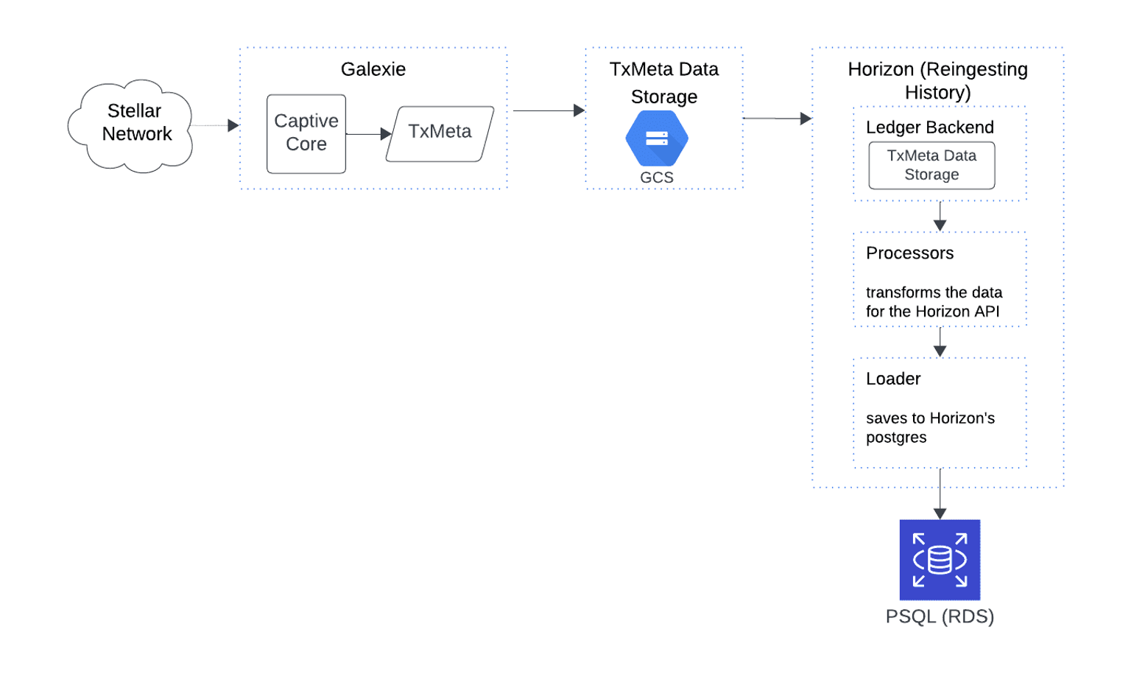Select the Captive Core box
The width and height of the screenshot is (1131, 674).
[x=306, y=133]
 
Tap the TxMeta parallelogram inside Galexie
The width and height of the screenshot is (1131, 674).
[x=440, y=133]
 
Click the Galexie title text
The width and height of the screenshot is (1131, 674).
[x=373, y=69]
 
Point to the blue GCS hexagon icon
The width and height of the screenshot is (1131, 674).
[x=656, y=138]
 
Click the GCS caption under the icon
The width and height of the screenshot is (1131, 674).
[x=656, y=178]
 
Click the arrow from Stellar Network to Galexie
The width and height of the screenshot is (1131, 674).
[x=215, y=126]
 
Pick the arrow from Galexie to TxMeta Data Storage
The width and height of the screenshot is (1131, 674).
[x=548, y=110]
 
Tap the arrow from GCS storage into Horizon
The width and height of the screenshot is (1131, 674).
[x=777, y=118]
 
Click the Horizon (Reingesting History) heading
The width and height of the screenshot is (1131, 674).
[x=937, y=80]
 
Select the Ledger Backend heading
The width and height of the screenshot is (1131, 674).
[x=929, y=127]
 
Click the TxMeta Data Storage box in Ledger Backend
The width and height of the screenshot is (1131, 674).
[x=931, y=166]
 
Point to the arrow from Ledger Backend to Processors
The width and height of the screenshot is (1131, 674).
[x=940, y=217]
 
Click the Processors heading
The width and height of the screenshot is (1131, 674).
[x=909, y=253]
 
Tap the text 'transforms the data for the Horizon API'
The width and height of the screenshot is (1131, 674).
[x=933, y=302]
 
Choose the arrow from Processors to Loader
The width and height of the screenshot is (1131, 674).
[x=940, y=343]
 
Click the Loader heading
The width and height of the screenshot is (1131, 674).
[x=893, y=379]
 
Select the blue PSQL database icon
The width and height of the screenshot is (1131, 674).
[x=940, y=560]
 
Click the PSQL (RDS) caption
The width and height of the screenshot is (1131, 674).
[x=940, y=617]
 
